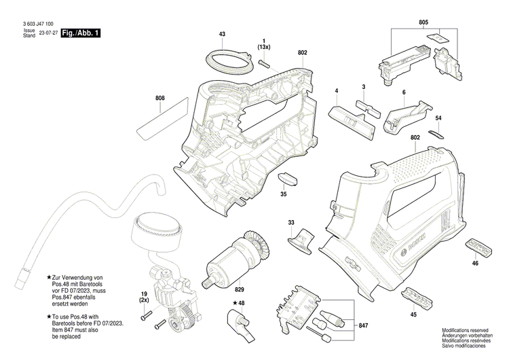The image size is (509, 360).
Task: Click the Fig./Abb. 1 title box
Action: pos(80,33)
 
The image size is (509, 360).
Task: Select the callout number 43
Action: pos(222,34)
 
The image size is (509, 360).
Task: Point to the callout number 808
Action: pos(159,98)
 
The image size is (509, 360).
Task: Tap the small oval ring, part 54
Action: pos(436,133)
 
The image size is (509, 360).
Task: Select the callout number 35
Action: pos(283,194)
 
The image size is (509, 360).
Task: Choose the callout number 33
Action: pos(291,222)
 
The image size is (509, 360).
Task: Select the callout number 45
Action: pos(413,314)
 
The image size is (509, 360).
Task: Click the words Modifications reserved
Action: pos(464,329)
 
